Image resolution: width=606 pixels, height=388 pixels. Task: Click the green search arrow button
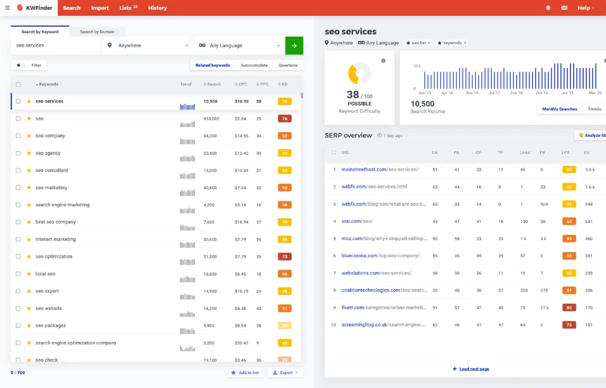[294, 45]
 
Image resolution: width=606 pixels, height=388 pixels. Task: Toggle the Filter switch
[22, 65]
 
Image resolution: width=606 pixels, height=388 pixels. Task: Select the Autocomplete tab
[254, 65]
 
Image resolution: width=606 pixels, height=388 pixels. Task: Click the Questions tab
[288, 65]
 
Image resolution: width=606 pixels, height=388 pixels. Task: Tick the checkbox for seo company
[18, 136]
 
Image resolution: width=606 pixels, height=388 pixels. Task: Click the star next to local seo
[29, 274]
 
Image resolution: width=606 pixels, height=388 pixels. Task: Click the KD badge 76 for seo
[284, 119]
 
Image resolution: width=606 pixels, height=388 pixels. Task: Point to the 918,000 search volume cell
[211, 119]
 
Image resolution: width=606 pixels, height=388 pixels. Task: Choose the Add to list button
[245, 372]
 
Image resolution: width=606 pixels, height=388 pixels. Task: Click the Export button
[285, 372]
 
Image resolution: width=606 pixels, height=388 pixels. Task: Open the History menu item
[158, 8]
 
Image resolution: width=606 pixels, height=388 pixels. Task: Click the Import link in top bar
[100, 8]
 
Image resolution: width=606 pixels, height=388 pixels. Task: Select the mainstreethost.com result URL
[379, 169]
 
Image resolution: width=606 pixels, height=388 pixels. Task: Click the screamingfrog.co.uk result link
[381, 325]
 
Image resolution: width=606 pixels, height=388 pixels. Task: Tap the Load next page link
[471, 369]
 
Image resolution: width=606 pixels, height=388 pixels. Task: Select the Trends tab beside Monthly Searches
[594, 109]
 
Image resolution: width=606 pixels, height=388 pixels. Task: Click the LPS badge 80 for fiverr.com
[568, 308]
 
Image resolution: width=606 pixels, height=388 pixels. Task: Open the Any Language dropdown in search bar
[239, 45]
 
